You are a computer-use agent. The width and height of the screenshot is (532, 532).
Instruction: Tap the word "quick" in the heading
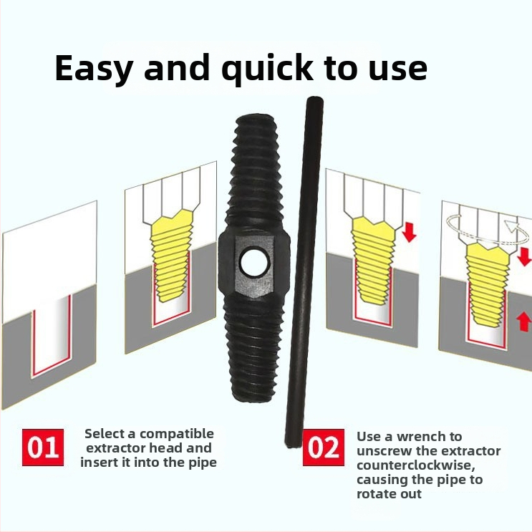point(268,68)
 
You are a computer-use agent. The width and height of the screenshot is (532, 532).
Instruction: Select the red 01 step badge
point(43,448)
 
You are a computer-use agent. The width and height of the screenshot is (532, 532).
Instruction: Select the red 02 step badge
point(324,448)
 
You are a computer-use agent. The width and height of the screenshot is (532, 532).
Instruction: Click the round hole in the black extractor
point(255,263)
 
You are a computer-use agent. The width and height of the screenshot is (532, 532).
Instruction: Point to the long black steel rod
point(304,271)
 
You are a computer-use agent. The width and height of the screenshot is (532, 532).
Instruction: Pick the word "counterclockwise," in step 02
point(415,465)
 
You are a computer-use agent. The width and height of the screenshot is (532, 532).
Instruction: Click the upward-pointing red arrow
point(523,321)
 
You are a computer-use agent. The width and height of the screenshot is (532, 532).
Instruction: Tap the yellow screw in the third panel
point(373,259)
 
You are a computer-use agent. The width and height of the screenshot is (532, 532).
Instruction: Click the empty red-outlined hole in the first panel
point(51,336)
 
